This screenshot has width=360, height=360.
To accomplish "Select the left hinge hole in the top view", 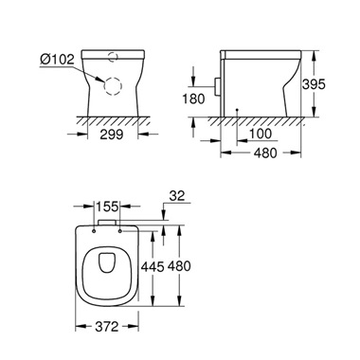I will tap(98, 235).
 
